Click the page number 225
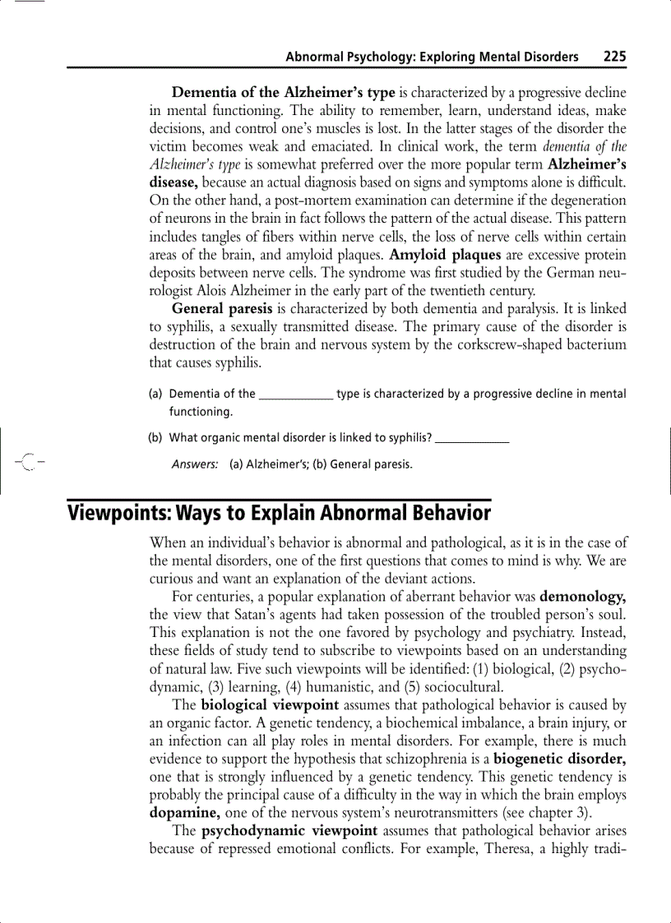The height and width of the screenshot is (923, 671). (614, 57)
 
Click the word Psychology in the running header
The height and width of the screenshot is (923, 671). (377, 57)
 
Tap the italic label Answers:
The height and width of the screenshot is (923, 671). (195, 464)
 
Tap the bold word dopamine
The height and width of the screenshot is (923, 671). (185, 814)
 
